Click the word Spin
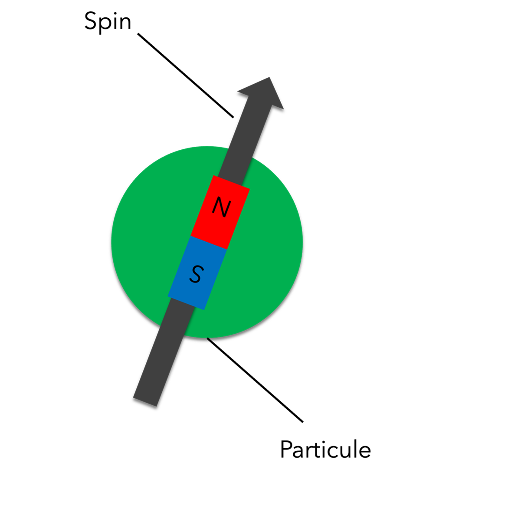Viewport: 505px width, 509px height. click(x=108, y=22)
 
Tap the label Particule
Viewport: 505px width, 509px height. click(x=325, y=450)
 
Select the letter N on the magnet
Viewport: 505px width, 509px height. click(x=221, y=207)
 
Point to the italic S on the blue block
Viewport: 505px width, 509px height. click(x=197, y=274)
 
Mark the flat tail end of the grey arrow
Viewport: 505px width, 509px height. click(x=145, y=401)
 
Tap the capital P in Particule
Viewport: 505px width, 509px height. click(x=286, y=450)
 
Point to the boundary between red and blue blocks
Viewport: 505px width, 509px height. click(x=209, y=243)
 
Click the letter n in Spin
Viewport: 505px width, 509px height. click(x=125, y=23)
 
